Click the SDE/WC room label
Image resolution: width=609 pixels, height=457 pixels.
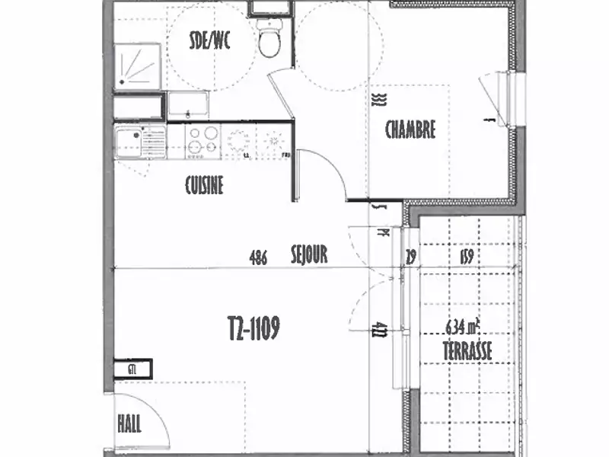pyautogui.click(x=209, y=41)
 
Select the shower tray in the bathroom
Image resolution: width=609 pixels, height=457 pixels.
pyautogui.click(x=137, y=66)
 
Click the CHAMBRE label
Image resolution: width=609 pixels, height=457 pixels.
pyautogui.click(x=410, y=129)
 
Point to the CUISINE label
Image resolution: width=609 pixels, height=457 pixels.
pyautogui.click(x=204, y=185)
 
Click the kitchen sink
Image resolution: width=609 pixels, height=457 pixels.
pyautogui.click(x=141, y=142)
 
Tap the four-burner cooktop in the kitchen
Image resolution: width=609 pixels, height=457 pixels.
pyautogui.click(x=202, y=142)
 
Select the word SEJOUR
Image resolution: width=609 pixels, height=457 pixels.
pyautogui.click(x=309, y=255)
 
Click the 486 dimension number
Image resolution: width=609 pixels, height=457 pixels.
pyautogui.click(x=258, y=257)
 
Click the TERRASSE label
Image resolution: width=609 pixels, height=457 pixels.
pyautogui.click(x=467, y=351)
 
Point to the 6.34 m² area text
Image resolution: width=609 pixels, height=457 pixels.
pyautogui.click(x=466, y=328)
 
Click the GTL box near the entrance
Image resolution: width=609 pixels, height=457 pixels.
pyautogui.click(x=133, y=369)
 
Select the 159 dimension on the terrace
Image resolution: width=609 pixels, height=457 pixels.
pyautogui.click(x=467, y=257)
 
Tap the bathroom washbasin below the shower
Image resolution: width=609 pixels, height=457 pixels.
pyautogui.click(x=188, y=104)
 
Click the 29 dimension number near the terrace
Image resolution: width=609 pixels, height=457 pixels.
pyautogui.click(x=412, y=257)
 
